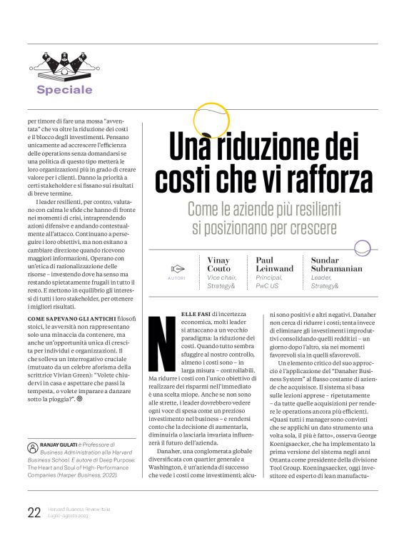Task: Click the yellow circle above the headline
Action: pyautogui.click(x=211, y=120)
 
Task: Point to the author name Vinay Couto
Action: pyautogui.click(x=218, y=265)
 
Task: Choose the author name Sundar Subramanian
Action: pyautogui.click(x=336, y=265)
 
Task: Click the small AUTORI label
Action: pyautogui.click(x=176, y=278)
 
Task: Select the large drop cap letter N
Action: pyautogui.click(x=161, y=352)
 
